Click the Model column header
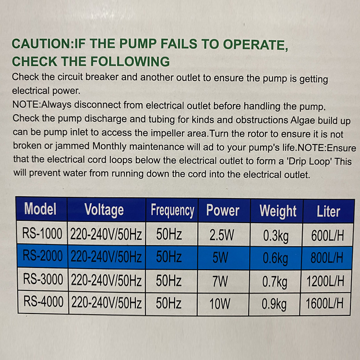coord(40,209)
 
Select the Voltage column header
coord(104,210)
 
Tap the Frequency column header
coord(172,211)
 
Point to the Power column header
coord(223,210)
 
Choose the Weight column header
coord(278,211)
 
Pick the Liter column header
coord(328,211)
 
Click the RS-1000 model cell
coord(42,233)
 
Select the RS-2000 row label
coord(43,256)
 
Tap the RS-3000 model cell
coord(43,279)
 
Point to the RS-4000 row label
coord(43,301)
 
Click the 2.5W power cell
coord(222,235)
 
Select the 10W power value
coord(220,304)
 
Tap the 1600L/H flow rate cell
coord(324,303)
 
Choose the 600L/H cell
coord(327,236)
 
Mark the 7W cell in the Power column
coord(220,281)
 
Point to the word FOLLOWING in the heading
coord(130,61)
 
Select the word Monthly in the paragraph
coord(109,146)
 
